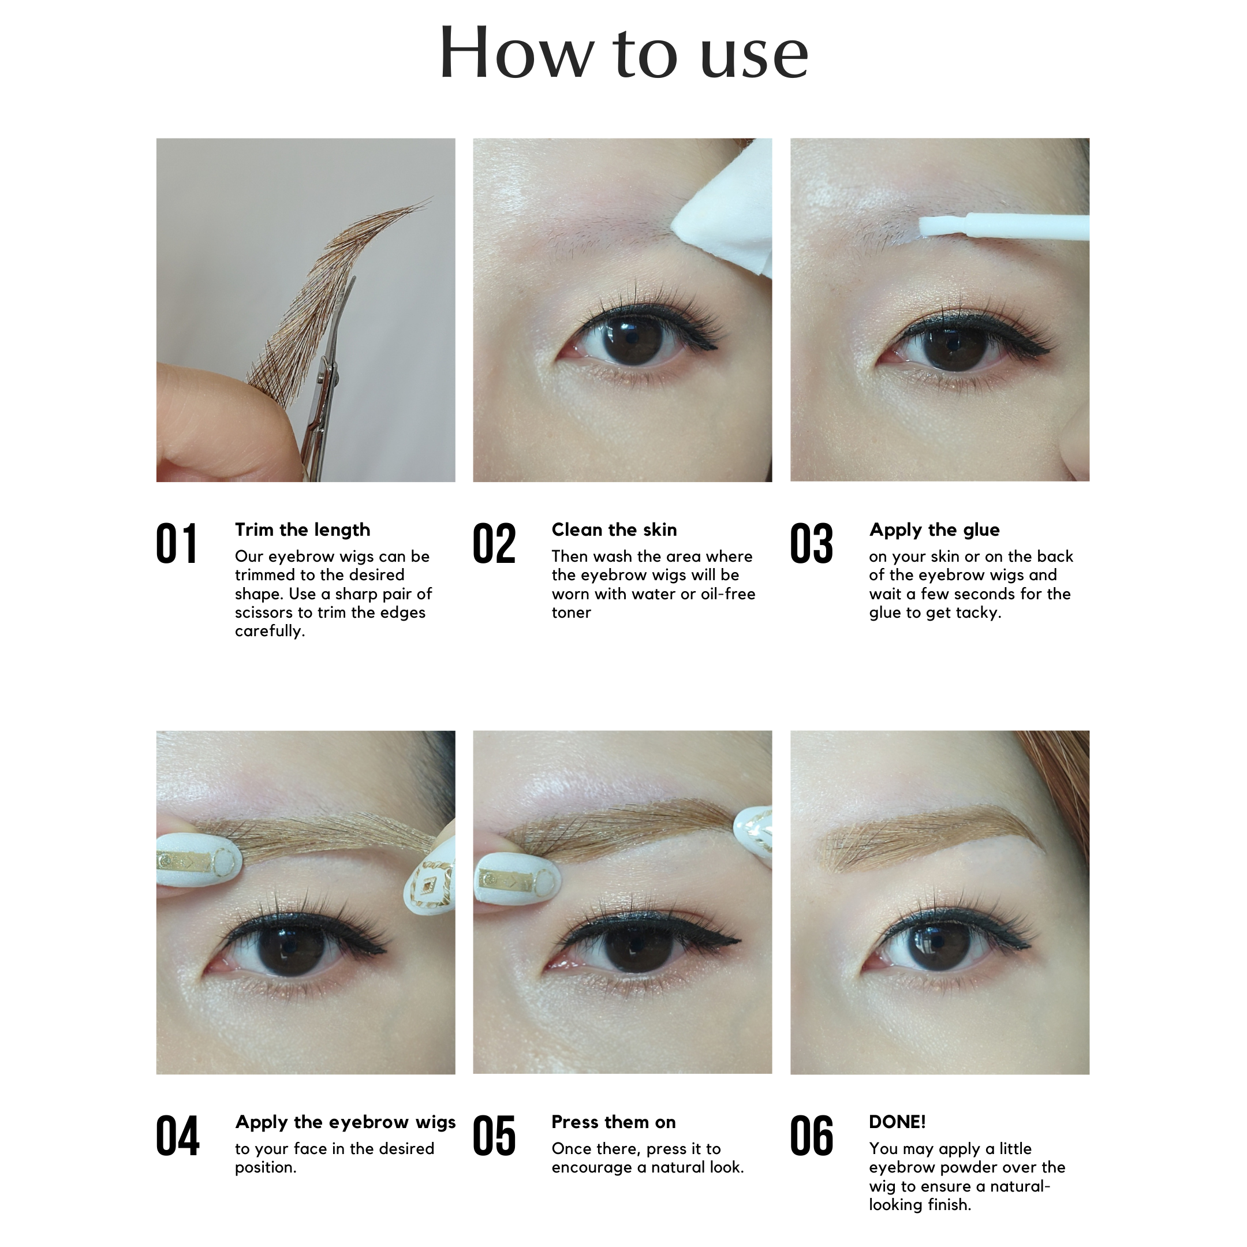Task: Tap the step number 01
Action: (x=176, y=543)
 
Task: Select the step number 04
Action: (x=177, y=1137)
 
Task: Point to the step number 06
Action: (x=811, y=1137)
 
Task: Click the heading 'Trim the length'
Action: (x=302, y=530)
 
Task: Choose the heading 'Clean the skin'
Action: (x=614, y=530)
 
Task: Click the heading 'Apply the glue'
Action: (x=934, y=530)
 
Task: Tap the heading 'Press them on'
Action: (x=613, y=1122)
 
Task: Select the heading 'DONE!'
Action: (x=897, y=1122)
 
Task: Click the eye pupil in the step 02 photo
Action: (x=628, y=339)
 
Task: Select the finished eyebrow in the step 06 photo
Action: (x=929, y=839)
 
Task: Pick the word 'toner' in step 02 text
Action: (x=570, y=613)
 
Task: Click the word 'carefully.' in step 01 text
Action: (x=269, y=631)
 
